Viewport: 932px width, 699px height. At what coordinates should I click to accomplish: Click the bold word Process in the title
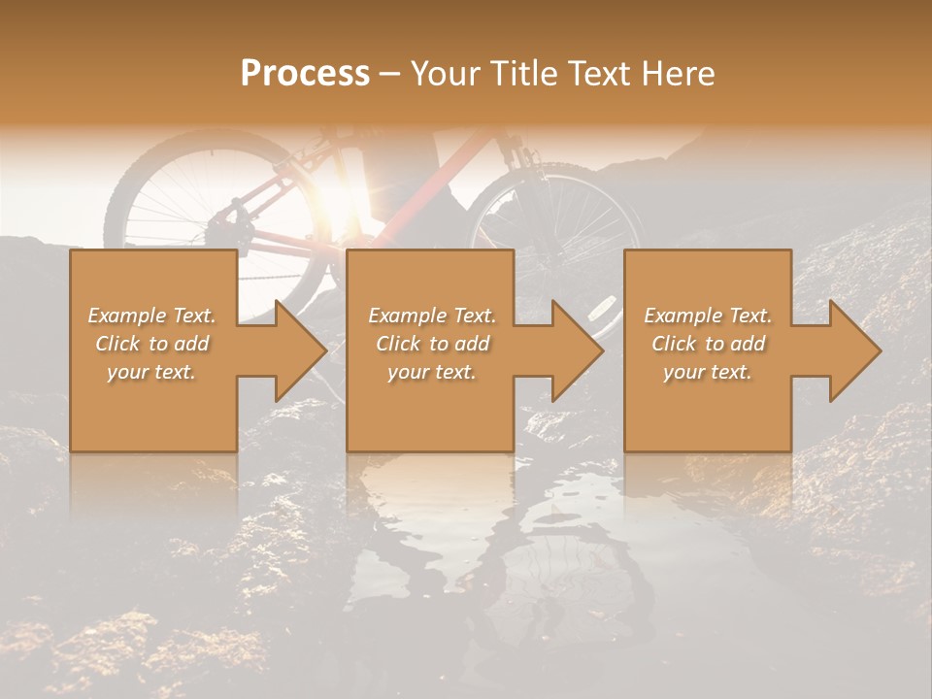[305, 74]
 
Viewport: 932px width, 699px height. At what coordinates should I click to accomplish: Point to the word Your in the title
[447, 74]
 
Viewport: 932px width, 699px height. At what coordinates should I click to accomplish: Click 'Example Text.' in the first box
[151, 316]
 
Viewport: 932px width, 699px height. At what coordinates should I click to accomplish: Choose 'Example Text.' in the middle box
[432, 316]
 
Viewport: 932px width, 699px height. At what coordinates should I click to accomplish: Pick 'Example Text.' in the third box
[708, 316]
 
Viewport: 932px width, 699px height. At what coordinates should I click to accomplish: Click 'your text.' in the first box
[151, 372]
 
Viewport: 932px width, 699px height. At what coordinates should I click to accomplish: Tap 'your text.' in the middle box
[432, 372]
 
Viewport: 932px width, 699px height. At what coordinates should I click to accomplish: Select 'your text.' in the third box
[708, 372]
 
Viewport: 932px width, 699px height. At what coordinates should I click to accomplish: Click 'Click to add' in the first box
[151, 344]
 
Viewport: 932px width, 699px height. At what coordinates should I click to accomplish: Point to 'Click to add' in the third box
[708, 344]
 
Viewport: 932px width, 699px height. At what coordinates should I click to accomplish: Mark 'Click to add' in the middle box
[432, 344]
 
